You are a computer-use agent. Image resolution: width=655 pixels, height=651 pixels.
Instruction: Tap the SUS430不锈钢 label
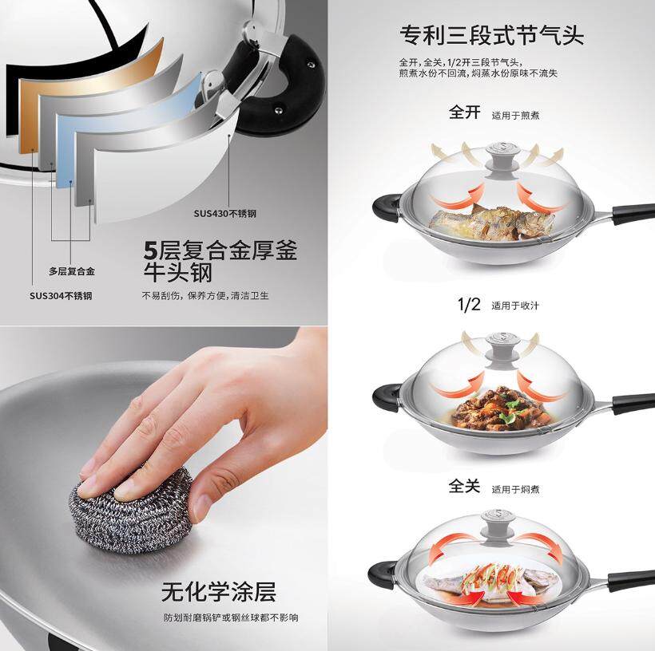224,214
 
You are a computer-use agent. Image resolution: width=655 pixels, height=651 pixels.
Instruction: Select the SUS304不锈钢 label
61,296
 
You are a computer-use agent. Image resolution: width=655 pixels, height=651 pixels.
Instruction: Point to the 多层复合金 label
72,271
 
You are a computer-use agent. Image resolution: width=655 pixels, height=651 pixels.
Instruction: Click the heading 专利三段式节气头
492,35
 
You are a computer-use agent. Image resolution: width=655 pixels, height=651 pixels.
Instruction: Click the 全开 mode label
465,112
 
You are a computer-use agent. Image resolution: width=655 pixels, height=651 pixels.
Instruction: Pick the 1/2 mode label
469,304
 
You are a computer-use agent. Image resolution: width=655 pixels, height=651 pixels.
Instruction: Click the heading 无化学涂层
219,592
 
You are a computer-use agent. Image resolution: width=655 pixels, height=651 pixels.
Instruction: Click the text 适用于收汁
515,306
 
